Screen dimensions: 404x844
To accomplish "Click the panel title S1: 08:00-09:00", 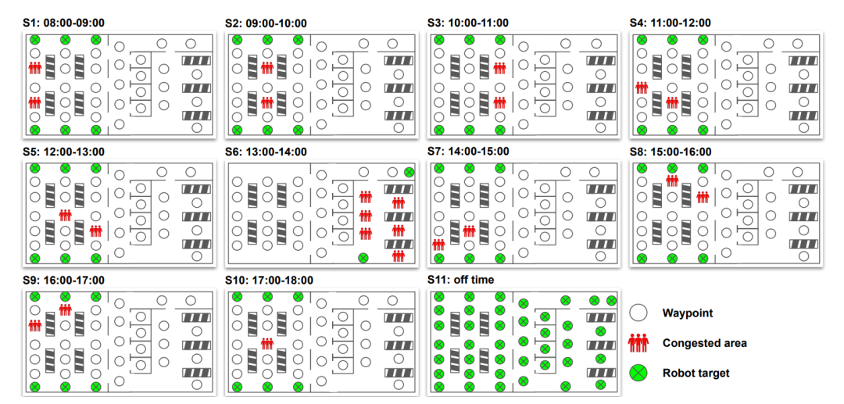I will click(63, 23).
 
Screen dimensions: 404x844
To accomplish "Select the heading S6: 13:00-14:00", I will click(266, 152).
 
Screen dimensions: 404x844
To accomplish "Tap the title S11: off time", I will click(461, 280).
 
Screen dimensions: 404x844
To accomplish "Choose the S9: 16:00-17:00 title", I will click(63, 280).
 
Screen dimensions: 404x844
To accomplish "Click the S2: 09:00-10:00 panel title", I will click(266, 23).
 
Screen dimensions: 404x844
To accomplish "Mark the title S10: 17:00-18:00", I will click(269, 280).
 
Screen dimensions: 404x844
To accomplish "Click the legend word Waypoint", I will click(688, 313).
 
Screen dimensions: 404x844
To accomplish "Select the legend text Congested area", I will click(704, 343).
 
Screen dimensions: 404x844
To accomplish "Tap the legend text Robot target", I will click(696, 373).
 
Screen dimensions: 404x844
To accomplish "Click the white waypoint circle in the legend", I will click(639, 313).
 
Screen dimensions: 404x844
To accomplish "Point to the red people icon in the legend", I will click(639, 342).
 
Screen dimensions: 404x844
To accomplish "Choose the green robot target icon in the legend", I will click(639, 373).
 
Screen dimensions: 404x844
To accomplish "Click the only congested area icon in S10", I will click(267, 342).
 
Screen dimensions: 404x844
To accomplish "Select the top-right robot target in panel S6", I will click(409, 172).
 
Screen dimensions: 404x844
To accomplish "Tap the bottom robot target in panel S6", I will click(363, 257).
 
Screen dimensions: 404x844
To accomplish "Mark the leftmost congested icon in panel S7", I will click(438, 245).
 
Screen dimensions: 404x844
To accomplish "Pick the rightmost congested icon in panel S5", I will click(95, 231).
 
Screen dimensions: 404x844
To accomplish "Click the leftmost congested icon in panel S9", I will click(34, 324).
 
